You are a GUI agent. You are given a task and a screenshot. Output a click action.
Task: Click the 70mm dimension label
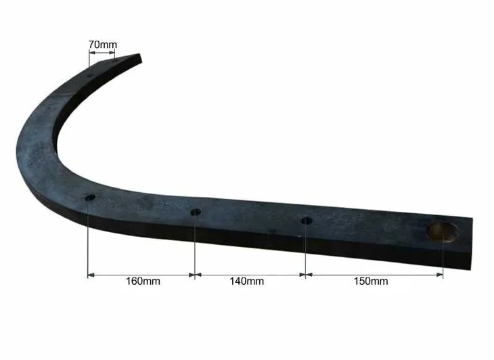[x=102, y=45]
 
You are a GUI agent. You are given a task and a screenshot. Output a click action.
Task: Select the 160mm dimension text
[x=143, y=281]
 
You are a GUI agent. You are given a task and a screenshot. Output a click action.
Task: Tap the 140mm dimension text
[x=247, y=281]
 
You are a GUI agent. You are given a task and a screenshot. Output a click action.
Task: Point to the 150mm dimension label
[x=371, y=281]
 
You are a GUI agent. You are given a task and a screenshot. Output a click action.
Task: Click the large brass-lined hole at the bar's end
[x=443, y=232]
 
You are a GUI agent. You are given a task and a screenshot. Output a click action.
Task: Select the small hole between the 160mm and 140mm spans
[x=196, y=212]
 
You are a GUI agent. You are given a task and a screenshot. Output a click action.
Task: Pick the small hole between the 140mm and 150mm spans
[x=307, y=221]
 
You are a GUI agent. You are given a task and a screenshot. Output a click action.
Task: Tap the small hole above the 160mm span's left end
[x=91, y=198]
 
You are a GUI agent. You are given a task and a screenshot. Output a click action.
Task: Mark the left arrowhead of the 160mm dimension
[x=91, y=275]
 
